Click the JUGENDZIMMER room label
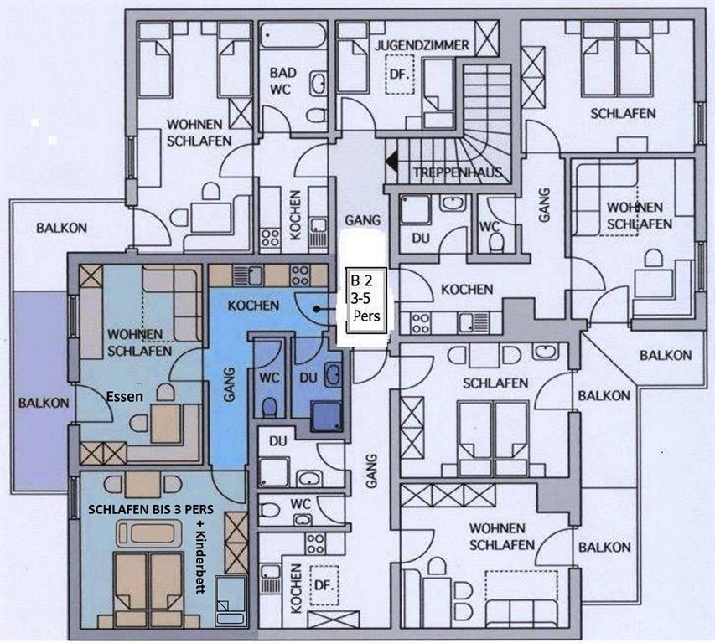coord(422,45)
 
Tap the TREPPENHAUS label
coord(458,172)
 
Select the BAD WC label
coord(282,81)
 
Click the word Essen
coord(125,397)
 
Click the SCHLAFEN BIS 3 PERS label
coord(151,509)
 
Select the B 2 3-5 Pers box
coord(365,300)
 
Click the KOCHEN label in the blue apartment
coord(253,305)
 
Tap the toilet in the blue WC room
coord(270,407)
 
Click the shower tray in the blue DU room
coord(326,416)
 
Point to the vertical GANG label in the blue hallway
coord(229,385)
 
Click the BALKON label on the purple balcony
coord(44,403)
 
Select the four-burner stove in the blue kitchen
coord(299,275)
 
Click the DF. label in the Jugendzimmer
coord(400,75)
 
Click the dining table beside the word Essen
coord(166,423)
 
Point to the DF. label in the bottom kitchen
coord(324,585)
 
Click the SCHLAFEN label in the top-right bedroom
coord(623,113)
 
